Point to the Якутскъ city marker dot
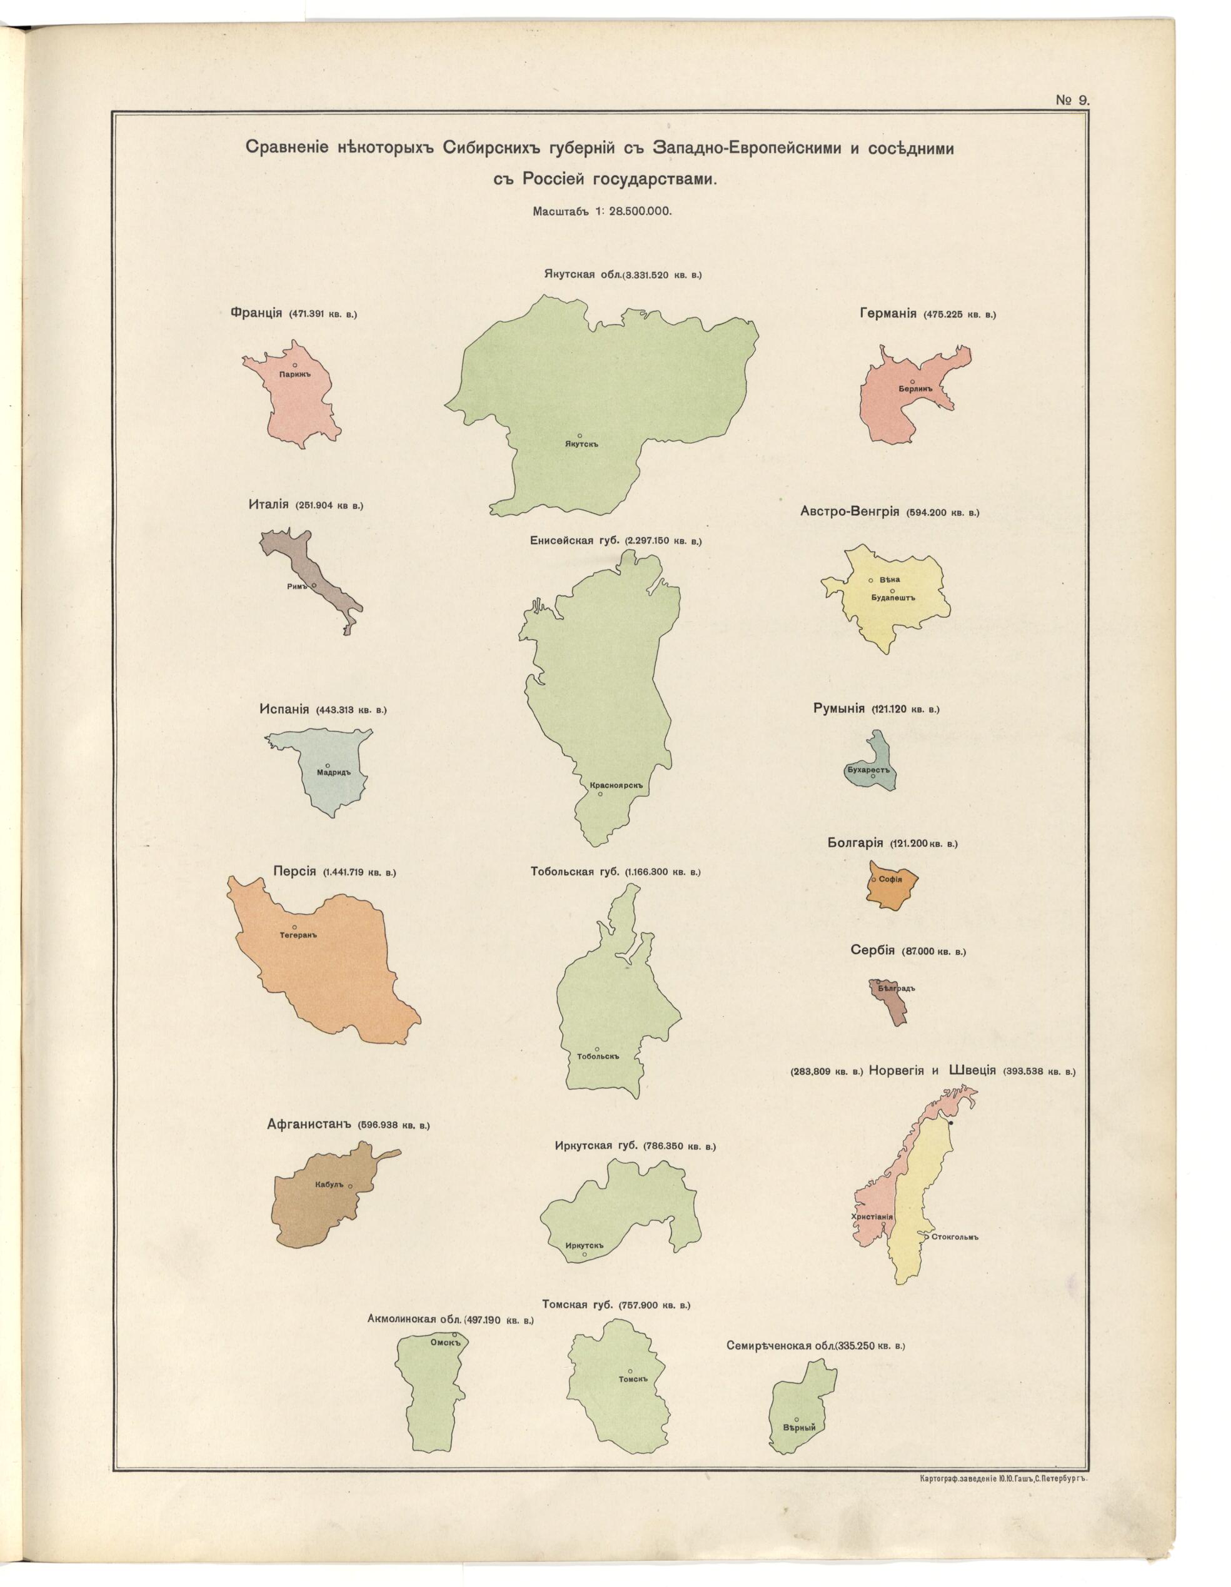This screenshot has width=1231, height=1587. point(579,435)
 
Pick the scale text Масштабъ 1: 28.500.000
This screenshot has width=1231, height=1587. point(601,211)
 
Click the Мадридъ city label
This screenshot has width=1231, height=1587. point(334,772)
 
